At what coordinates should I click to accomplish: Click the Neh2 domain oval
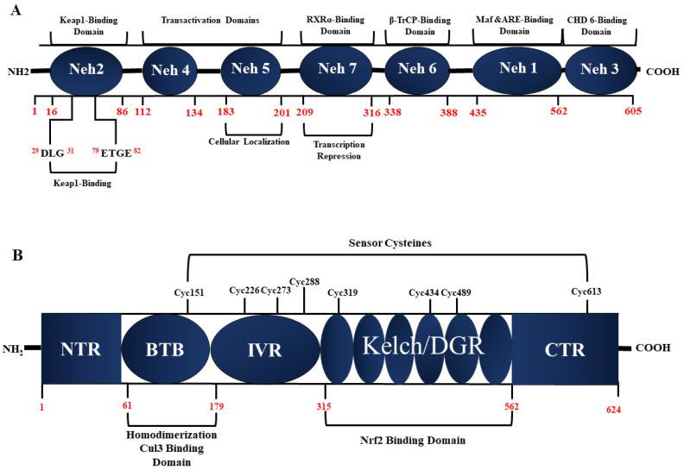click(x=89, y=71)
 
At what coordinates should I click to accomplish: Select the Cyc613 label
click(x=587, y=291)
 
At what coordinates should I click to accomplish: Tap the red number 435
click(x=478, y=112)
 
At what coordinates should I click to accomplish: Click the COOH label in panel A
click(x=663, y=72)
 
